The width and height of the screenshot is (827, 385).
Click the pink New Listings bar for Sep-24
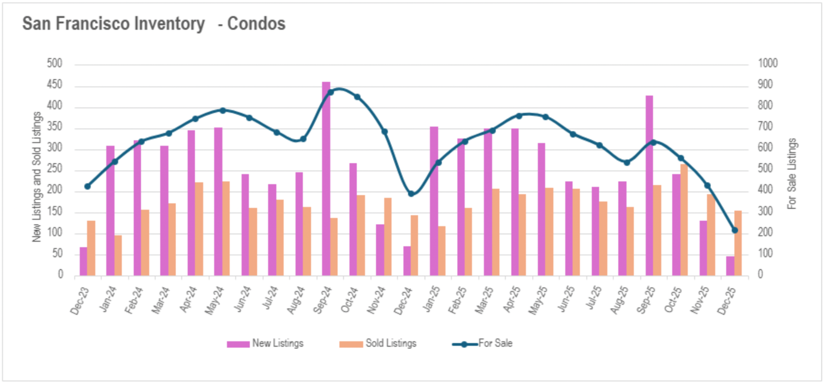326,179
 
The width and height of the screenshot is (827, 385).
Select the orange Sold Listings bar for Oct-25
684,220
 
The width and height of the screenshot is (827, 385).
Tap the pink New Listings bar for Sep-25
649,185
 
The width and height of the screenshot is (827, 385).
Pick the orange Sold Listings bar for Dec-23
91,248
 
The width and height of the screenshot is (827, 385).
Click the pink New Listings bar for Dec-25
730,266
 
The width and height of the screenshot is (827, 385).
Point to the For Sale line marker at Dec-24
411,194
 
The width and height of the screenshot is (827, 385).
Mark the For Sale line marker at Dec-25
735,230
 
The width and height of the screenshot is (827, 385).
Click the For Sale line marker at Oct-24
357,97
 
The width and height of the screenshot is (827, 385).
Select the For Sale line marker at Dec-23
87,186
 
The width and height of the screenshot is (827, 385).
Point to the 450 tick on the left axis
55,85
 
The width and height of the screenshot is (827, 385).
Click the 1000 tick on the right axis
768,64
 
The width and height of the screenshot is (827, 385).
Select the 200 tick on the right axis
765,233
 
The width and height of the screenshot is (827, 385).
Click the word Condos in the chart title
256,24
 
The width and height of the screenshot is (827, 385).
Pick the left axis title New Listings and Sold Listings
37,177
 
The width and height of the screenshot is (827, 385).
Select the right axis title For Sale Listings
792,174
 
